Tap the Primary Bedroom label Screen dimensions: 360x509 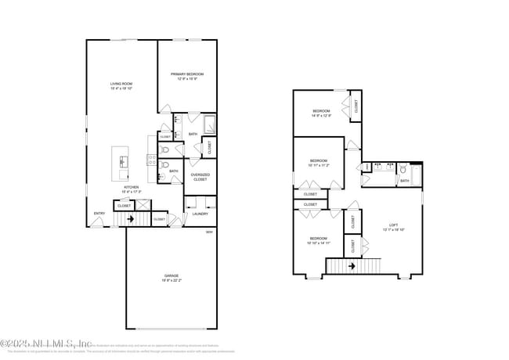pyautogui.click(x=187, y=76)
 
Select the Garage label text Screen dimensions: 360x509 pyautogui.click(x=171, y=277)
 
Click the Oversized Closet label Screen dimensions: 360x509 pyautogui.click(x=200, y=177)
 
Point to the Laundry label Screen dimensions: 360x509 pyautogui.click(x=200, y=214)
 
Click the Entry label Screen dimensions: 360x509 pyautogui.click(x=99, y=214)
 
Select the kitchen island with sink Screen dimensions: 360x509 pyautogui.click(x=124, y=160)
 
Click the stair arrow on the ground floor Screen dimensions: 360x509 pyautogui.click(x=131, y=220)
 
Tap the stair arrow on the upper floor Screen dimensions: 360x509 pyautogui.click(x=350, y=267)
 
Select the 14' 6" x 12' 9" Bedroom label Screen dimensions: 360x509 pyautogui.click(x=322, y=113)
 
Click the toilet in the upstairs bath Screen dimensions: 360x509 pyautogui.click(x=403, y=168)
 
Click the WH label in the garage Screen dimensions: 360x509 pyautogui.click(x=209, y=232)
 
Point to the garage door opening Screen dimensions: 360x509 pyautogui.click(x=171, y=328)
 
